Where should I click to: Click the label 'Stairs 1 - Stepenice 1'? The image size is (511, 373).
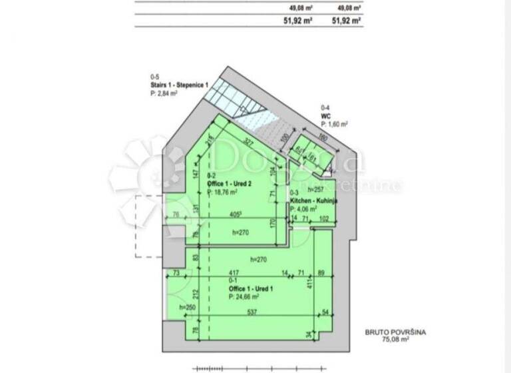180,85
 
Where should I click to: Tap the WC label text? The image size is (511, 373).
326,115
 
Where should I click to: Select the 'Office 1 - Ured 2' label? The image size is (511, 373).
230,183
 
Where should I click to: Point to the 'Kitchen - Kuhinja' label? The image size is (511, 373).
314,200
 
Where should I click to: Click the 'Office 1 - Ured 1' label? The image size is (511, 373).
251,289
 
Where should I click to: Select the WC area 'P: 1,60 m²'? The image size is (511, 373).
335,124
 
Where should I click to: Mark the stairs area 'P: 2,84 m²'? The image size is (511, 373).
164,94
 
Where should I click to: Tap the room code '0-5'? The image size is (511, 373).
155,77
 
